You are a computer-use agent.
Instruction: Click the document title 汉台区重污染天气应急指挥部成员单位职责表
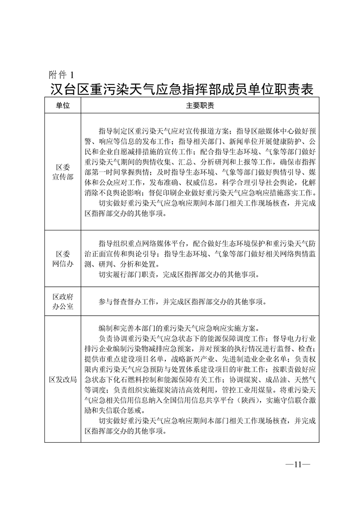tap(182, 88)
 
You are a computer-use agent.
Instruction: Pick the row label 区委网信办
tap(63, 259)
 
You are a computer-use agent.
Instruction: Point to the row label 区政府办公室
tap(63, 301)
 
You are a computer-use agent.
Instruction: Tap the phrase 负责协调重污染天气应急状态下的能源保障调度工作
tap(182, 338)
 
